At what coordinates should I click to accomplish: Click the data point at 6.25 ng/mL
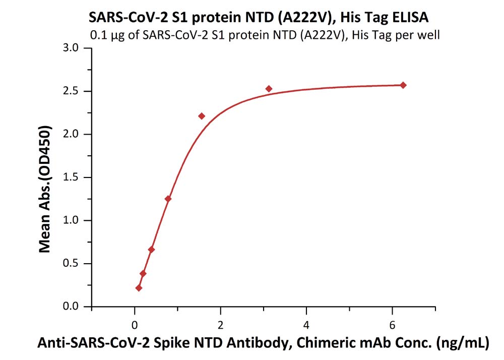coord(403,85)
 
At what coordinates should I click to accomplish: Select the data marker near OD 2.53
coord(269,89)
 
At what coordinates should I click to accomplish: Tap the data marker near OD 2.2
coord(202,116)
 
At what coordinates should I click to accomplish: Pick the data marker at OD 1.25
coord(168,199)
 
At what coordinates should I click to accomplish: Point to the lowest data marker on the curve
coord(139,288)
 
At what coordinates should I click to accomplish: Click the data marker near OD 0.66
coord(151,250)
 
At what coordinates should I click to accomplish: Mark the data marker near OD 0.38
coord(143,273)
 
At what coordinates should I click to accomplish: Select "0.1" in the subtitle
coord(97,35)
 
